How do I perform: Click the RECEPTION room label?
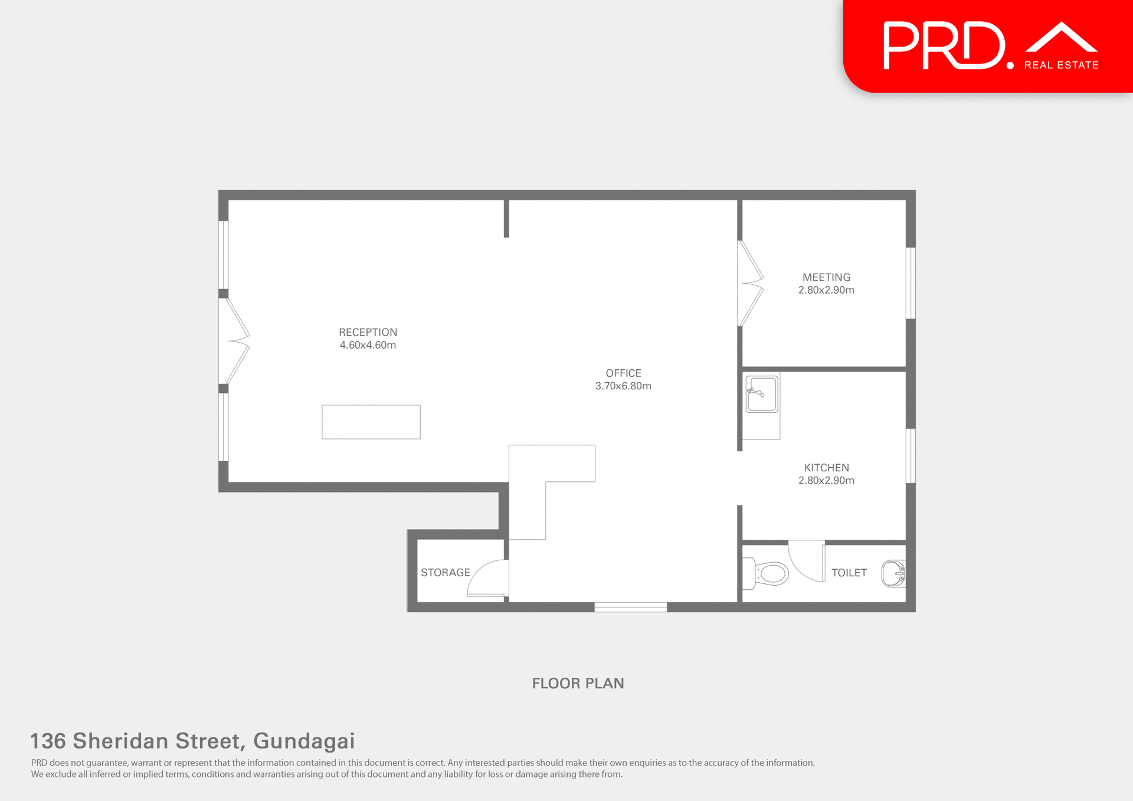[x=368, y=332]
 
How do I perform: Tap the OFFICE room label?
[x=623, y=373]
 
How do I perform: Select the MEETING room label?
[x=826, y=277]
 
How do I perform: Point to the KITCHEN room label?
[x=826, y=468]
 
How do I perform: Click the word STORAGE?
[x=446, y=573]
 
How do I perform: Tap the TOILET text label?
[x=849, y=573]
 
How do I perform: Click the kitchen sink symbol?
[x=761, y=393]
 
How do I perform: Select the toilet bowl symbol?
[x=771, y=573]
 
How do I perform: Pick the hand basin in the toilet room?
[x=893, y=573]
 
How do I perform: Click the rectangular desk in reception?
[x=371, y=422]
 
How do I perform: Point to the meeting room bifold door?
[x=751, y=283]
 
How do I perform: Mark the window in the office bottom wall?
[x=630, y=607]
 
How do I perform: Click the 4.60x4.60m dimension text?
[x=368, y=345]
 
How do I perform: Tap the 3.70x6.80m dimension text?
[x=623, y=386]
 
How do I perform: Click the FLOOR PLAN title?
[x=578, y=683]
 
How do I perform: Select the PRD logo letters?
[x=944, y=46]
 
